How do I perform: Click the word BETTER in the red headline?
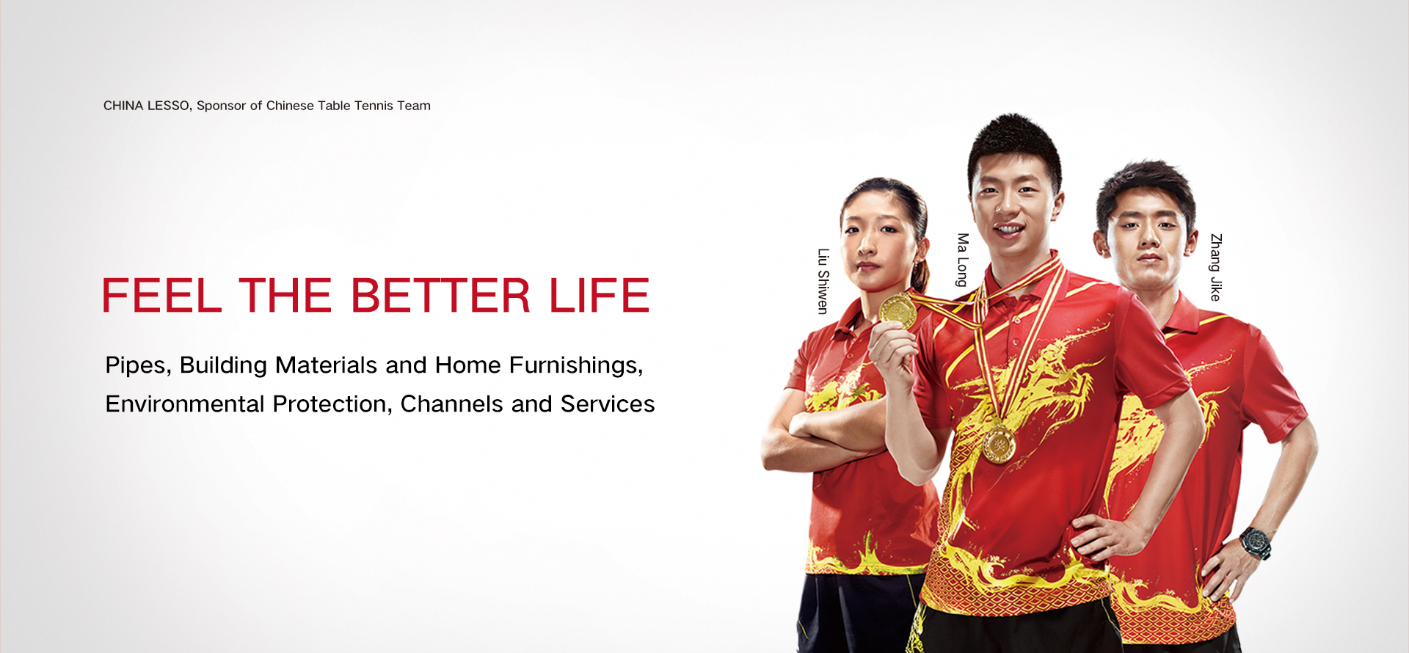[440, 296]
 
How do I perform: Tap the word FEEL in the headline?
[161, 296]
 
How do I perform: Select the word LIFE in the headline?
[600, 296]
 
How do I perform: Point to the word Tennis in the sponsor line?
[374, 106]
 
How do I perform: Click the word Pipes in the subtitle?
[138, 365]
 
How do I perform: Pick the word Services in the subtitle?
[608, 404]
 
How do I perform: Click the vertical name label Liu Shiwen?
[823, 281]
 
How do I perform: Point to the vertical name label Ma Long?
[963, 260]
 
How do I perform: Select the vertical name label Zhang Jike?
[1216, 267]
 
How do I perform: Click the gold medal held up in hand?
[898, 310]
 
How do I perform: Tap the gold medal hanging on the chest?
[999, 445]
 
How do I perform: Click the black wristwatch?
[1256, 544]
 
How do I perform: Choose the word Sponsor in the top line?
[221, 106]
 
